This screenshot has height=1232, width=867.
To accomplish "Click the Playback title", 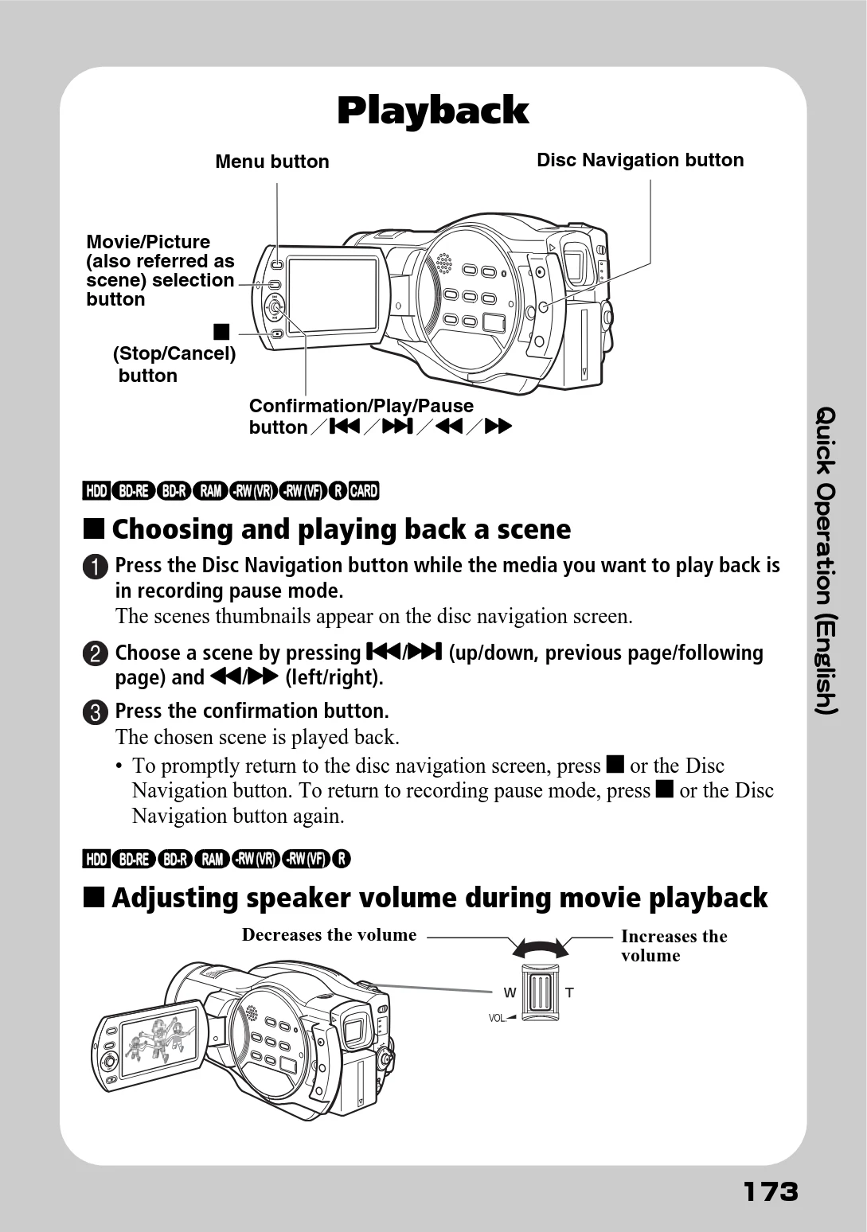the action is (433, 111).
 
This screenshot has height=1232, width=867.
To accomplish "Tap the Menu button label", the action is (272, 162).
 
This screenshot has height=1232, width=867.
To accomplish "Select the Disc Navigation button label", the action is (640, 160).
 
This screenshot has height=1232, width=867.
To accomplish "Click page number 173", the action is (770, 1192).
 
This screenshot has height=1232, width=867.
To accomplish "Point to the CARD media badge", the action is (364, 490).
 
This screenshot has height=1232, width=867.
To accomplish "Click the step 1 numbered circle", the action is (96, 567).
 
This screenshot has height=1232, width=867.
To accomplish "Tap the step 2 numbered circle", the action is (96, 654).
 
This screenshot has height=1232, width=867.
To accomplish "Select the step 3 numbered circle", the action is (96, 712).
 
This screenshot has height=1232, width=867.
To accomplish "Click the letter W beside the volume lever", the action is (510, 992).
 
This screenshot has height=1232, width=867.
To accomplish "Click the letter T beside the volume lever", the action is (569, 992).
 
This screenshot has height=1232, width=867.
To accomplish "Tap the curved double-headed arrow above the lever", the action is (541, 947).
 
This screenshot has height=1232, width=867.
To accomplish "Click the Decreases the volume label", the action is (329, 935).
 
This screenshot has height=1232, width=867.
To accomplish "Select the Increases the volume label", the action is (674, 945).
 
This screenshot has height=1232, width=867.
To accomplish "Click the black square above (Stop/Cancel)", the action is (221, 332).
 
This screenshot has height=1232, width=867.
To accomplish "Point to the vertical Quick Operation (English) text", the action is (826, 560).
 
